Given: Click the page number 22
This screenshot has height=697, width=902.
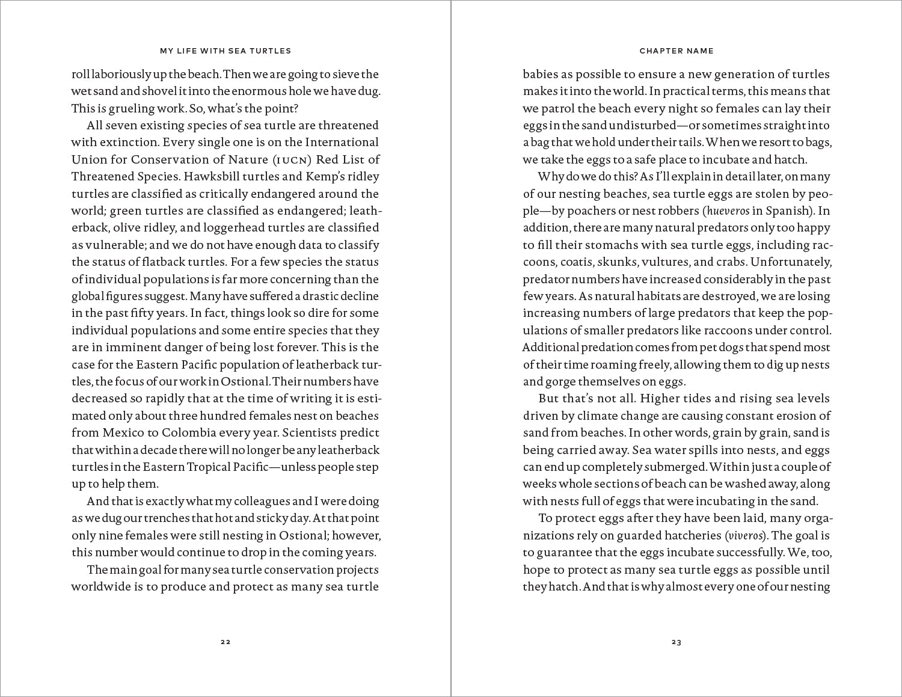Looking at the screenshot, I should [226, 642].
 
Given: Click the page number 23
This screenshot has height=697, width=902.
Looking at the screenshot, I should [677, 642].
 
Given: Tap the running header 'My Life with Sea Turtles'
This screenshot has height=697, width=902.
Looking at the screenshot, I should [226, 51].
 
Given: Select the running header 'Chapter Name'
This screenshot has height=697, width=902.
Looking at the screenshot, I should [677, 51].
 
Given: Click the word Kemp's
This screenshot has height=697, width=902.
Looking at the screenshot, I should [327, 177].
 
